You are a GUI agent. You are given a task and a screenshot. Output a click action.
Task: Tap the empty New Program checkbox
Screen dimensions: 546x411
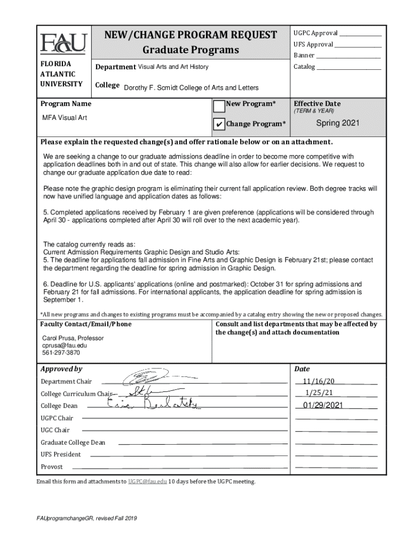pos(219,106)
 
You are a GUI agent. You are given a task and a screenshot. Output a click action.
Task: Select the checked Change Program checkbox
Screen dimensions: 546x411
pos(219,124)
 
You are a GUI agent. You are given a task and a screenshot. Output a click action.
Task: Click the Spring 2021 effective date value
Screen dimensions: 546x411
pos(338,123)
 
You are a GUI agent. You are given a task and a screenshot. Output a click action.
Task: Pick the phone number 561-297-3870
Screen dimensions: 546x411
pos(61,353)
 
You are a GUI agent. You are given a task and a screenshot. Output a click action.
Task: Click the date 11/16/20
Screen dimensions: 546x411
pos(319,381)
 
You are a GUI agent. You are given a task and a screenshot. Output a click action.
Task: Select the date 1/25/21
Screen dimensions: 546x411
pos(319,392)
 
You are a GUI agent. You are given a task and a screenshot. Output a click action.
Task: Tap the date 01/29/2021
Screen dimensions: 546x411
pos(322,405)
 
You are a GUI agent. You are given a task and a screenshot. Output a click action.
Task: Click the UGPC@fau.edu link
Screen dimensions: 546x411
pos(147,481)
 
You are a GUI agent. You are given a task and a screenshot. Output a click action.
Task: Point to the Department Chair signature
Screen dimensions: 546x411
pos(145,378)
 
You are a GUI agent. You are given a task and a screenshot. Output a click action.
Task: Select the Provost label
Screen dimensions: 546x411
pos(52,467)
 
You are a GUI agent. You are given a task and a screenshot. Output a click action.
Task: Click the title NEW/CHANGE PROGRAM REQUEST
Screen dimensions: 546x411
pos(190,35)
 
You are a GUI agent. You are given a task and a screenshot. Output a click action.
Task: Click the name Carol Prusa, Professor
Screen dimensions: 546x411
pos(73,338)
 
